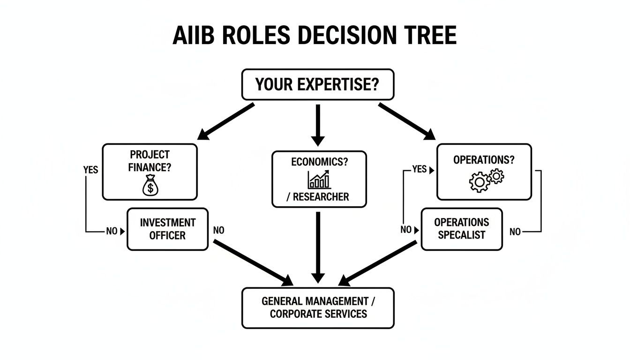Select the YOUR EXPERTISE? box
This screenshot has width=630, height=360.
tap(317, 85)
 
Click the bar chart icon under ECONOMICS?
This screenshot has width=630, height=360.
tap(319, 180)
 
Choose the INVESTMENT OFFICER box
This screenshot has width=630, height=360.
tap(167, 229)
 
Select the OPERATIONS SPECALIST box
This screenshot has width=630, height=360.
tap(461, 229)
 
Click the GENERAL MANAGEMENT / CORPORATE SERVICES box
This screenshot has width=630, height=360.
tap(318, 307)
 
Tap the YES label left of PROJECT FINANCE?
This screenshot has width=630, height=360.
tap(91, 170)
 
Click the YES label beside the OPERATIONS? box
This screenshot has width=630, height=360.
tap(420, 169)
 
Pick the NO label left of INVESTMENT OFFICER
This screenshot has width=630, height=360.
tap(112, 231)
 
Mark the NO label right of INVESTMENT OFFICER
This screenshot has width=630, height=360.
tap(218, 231)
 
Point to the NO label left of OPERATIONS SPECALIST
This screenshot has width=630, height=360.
tap(406, 230)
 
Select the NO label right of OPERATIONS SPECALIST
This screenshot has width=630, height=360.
tap(515, 232)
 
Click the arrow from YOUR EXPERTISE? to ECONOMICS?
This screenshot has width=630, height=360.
tap(318, 124)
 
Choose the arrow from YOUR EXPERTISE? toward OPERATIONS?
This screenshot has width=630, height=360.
tap(407, 121)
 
